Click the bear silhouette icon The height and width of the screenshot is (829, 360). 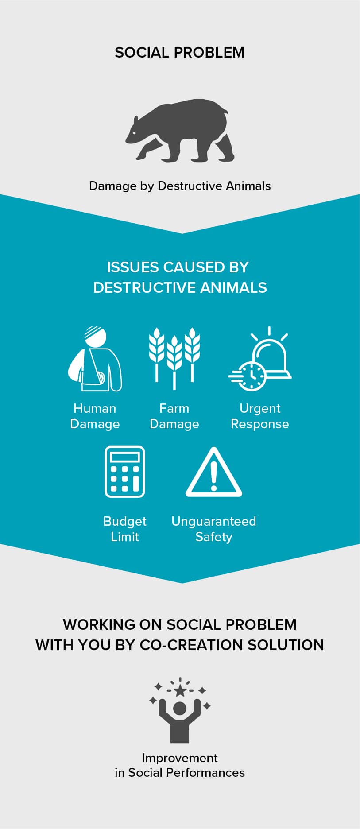(x=180, y=130)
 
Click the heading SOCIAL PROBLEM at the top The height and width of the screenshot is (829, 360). (x=180, y=52)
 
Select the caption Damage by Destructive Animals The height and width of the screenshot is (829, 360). (x=180, y=186)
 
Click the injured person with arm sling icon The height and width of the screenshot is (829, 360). (x=95, y=359)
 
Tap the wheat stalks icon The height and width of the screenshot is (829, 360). (x=174, y=358)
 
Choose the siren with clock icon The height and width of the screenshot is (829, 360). (x=260, y=359)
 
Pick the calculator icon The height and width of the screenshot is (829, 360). (x=125, y=472)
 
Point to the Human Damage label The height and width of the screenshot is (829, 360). (x=95, y=416)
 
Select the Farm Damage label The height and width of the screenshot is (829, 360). (x=174, y=416)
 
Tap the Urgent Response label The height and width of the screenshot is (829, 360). (x=260, y=416)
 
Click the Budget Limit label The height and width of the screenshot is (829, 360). (x=125, y=529)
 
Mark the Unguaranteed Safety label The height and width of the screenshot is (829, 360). (x=214, y=529)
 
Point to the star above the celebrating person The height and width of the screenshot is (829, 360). (x=180, y=690)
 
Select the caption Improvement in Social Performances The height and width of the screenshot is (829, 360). (x=180, y=765)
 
